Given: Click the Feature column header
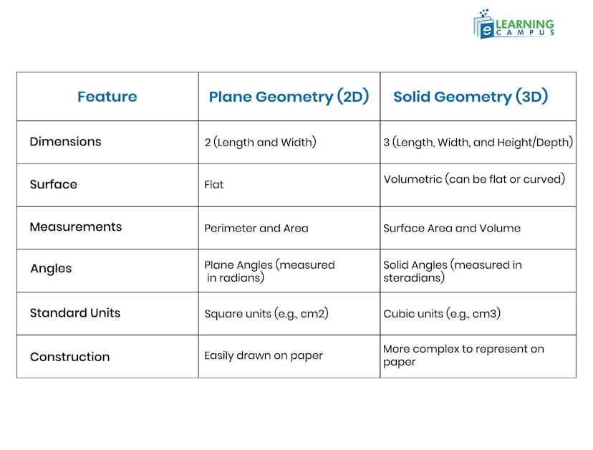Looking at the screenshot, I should (107, 97).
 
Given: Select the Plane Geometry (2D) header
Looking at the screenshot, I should (289, 97).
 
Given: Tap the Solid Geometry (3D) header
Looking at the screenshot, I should (471, 97).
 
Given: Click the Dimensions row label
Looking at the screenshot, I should (65, 142).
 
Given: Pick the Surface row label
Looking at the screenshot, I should (53, 184).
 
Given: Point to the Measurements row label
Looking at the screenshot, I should (75, 227).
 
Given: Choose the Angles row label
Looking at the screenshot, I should (51, 269).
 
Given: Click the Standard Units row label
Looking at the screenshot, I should (74, 313).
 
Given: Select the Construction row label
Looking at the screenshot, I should (69, 357).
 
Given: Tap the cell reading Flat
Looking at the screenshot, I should (213, 185).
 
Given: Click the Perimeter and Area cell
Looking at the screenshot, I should (256, 229).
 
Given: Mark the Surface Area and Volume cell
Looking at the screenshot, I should (451, 229).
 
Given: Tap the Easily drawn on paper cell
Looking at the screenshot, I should (264, 355).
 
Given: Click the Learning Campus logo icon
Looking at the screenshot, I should (485, 25).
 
